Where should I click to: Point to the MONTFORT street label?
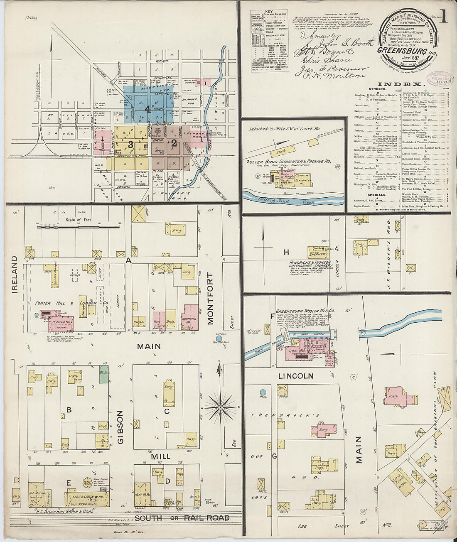coord(210,298)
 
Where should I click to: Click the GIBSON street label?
coord(120,427)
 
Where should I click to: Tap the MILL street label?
coord(160,456)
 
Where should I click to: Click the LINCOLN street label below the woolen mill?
coord(296,376)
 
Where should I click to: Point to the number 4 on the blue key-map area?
coord(147,109)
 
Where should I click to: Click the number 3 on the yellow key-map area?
coord(130,145)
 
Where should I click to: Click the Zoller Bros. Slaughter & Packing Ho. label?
coord(289,161)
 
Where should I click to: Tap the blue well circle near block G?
coord(263,392)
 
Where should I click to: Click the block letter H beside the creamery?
coord(286,252)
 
